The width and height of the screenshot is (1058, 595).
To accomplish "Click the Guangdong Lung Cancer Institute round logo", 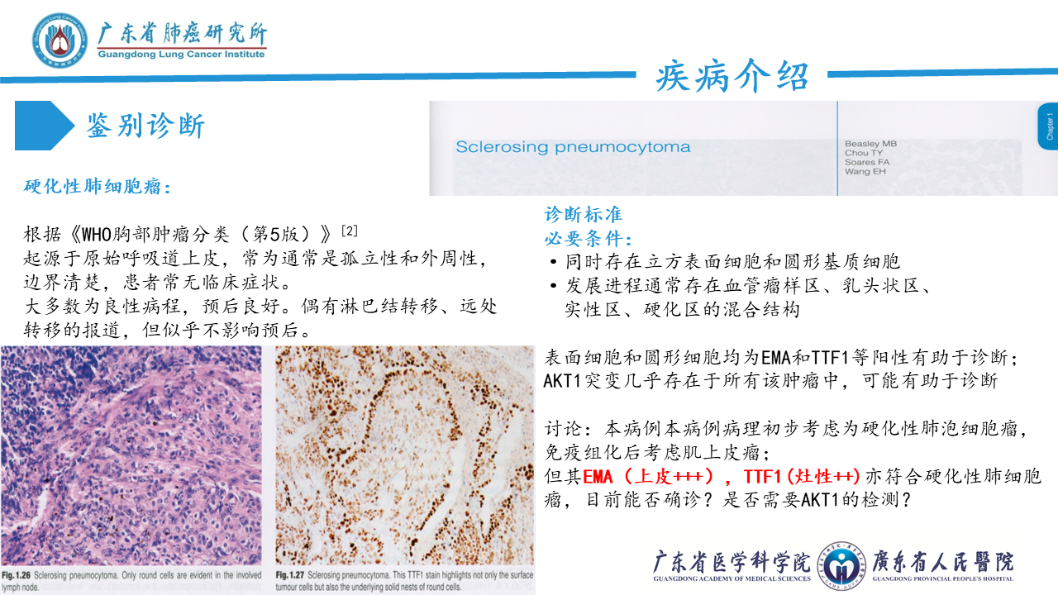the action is click(x=60, y=40).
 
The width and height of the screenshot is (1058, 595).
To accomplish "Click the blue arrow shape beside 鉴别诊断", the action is click(x=45, y=126).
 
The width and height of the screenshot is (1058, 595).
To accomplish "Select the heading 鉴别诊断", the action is click(x=145, y=126).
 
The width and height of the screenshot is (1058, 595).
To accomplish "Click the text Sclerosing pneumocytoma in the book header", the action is click(x=573, y=147).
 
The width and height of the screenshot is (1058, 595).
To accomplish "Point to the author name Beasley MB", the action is click(x=870, y=144).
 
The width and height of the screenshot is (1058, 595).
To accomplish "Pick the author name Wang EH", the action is click(x=865, y=171).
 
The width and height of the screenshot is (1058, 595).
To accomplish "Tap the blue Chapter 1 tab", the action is click(x=1048, y=126).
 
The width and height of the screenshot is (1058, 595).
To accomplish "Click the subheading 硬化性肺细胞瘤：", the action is click(x=98, y=187).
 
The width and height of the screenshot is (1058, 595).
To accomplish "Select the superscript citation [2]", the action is click(x=349, y=231).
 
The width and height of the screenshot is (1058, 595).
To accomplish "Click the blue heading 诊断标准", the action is click(x=584, y=214).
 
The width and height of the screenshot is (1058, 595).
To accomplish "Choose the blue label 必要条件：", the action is click(x=589, y=239).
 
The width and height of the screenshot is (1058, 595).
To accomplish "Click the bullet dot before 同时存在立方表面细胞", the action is click(x=554, y=262).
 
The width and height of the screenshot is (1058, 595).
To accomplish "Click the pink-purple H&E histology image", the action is click(x=131, y=455).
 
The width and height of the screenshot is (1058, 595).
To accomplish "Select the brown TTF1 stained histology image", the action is click(x=404, y=455).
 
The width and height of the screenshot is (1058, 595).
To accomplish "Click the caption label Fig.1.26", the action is click(x=16, y=575).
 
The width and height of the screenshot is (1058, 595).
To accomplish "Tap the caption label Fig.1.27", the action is click(x=290, y=575).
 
